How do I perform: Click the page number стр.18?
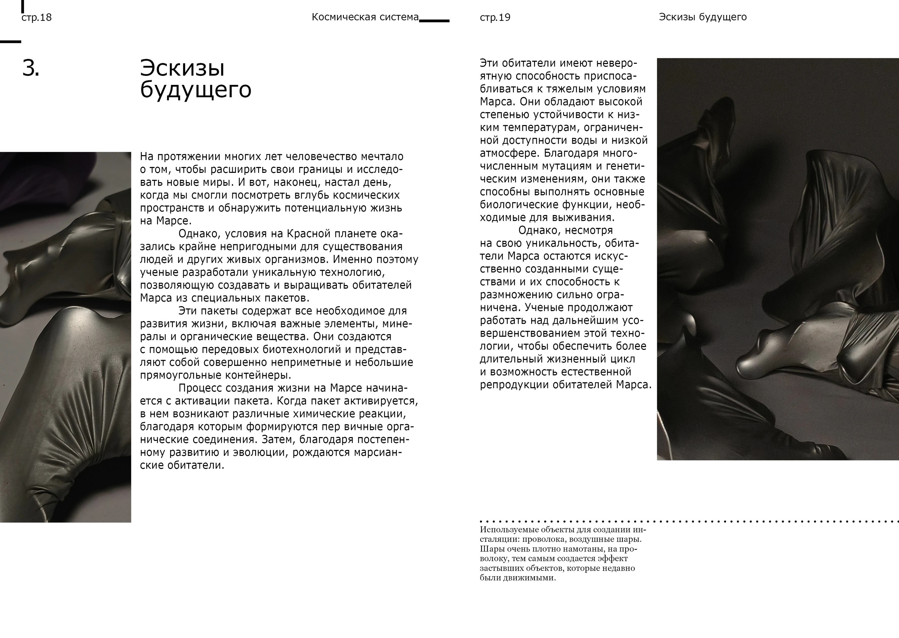[x=37, y=18]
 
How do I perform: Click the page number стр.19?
[x=495, y=18]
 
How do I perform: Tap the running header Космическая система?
[x=365, y=17]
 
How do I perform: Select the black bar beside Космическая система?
[x=434, y=21]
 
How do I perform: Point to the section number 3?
[x=31, y=68]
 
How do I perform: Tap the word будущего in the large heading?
[x=196, y=90]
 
